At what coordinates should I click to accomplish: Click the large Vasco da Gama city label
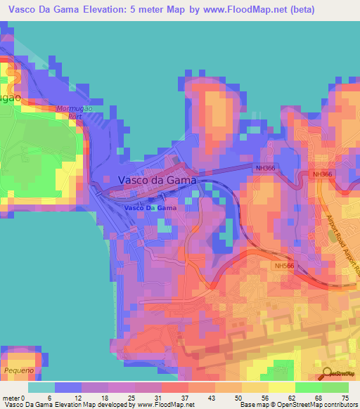(x=157, y=180)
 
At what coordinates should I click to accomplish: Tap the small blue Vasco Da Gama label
(x=150, y=209)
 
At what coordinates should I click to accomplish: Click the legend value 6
(x=49, y=397)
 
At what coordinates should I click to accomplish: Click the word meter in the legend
(x=11, y=397)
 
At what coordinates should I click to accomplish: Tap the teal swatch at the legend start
(x=41, y=387)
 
